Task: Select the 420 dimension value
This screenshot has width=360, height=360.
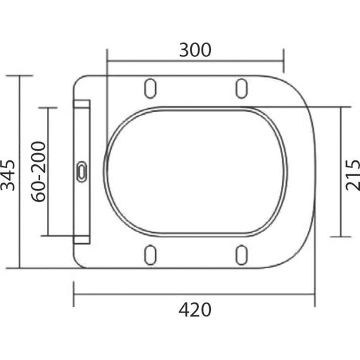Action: [195, 310]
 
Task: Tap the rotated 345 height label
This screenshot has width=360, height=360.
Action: [8, 172]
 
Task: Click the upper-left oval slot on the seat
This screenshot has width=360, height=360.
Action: [150, 88]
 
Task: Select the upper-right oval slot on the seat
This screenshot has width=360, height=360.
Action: [241, 88]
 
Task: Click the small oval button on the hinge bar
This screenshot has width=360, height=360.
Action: [82, 171]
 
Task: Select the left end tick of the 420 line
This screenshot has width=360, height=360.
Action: [74, 294]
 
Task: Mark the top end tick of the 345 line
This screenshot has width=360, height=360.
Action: [21, 76]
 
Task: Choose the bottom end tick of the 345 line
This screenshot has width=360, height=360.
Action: [21, 267]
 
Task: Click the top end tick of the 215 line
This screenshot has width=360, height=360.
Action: [341, 107]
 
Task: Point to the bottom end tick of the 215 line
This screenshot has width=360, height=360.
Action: [341, 237]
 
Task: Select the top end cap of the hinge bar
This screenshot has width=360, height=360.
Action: [82, 103]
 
